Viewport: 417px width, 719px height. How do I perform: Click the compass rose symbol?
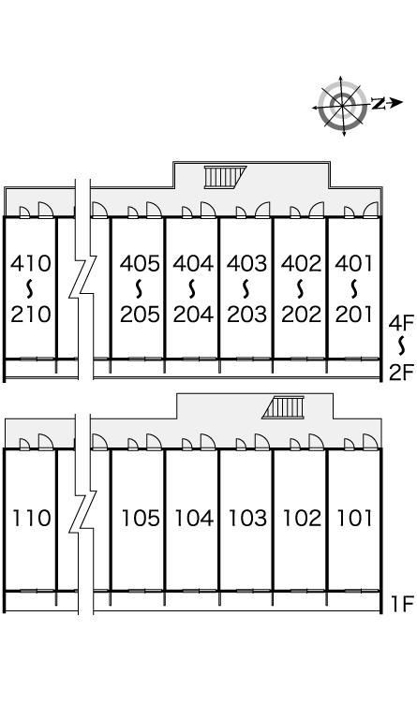click(343, 106)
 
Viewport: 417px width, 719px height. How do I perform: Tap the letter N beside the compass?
click(378, 104)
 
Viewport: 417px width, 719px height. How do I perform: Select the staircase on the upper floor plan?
click(225, 177)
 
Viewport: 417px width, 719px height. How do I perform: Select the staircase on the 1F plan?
click(283, 407)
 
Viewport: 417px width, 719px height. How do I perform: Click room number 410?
click(30, 264)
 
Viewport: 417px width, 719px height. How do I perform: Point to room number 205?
click(140, 315)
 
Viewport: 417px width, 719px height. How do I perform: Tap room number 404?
click(193, 264)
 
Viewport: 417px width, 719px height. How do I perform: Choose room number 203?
click(246, 315)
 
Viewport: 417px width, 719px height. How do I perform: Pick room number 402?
click(301, 264)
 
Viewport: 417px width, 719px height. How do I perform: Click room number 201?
click(354, 315)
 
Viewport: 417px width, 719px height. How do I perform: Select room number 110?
click(31, 518)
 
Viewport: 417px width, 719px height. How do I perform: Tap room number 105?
click(141, 518)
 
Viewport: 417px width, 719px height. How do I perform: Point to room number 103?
click(247, 518)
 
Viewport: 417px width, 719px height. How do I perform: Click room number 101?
click(354, 518)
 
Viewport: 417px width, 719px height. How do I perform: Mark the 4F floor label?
click(401, 323)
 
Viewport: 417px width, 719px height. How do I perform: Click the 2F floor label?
click(401, 374)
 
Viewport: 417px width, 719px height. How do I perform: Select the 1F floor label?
click(403, 604)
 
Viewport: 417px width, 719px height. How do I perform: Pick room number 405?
click(140, 264)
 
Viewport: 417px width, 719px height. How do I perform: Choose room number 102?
click(302, 518)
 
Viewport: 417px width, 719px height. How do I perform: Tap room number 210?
click(30, 315)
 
